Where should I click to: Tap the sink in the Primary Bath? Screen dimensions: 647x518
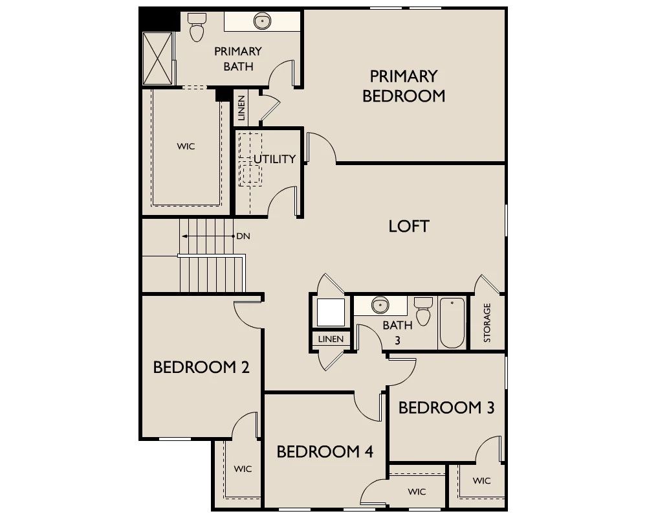click(x=262, y=21)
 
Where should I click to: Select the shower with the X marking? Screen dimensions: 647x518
click(x=157, y=58)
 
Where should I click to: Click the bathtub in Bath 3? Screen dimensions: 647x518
click(x=452, y=322)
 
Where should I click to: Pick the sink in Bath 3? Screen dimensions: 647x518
click(x=380, y=306)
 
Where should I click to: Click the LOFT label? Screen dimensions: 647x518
click(x=409, y=226)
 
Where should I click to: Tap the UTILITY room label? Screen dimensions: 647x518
click(x=274, y=159)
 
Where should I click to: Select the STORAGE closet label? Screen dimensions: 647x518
click(x=487, y=322)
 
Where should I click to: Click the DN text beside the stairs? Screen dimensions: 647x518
click(x=243, y=236)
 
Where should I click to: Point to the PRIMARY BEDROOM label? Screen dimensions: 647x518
click(x=404, y=86)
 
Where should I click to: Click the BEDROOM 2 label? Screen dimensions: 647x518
click(x=201, y=367)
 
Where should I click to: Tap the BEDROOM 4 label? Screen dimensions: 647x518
click(x=325, y=451)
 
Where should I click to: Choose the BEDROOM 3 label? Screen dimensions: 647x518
click(x=446, y=408)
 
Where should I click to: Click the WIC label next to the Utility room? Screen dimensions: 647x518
click(x=186, y=146)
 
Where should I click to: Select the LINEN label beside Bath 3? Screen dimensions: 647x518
click(x=331, y=339)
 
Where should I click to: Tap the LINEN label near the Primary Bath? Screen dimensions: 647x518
click(x=241, y=107)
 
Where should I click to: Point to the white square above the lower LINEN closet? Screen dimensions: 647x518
click(x=331, y=312)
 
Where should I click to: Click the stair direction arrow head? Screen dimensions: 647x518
click(x=184, y=236)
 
